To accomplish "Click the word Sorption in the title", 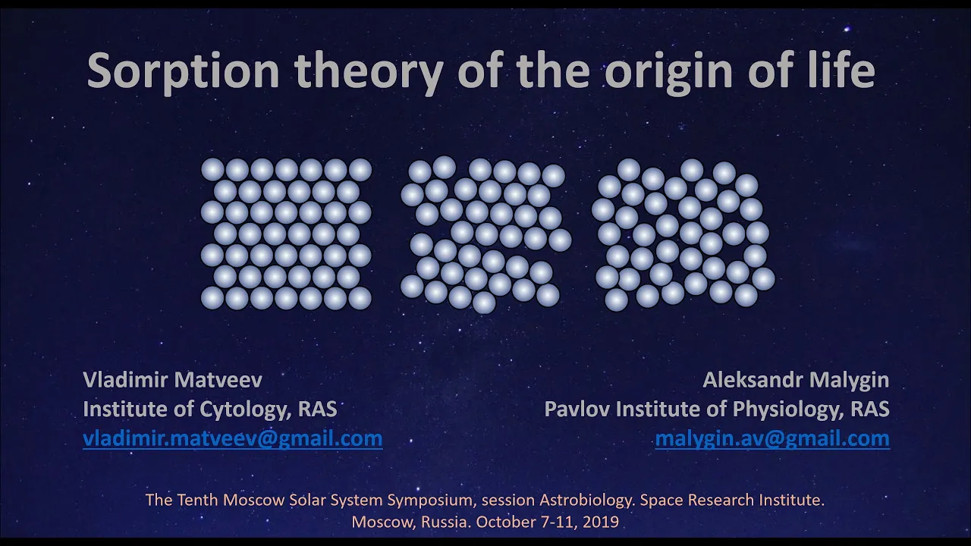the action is [184, 71].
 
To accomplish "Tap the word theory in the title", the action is [369, 71].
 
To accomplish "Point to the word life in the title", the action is [839, 69].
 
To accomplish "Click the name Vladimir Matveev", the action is [172, 380].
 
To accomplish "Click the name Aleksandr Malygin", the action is [796, 381].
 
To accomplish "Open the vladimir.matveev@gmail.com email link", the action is [233, 439].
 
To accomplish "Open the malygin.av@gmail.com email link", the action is [772, 439].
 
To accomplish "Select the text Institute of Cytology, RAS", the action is [210, 409].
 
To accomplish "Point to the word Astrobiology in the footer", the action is [587, 500].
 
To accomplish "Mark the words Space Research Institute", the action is [732, 500].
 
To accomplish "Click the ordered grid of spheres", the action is [286, 234].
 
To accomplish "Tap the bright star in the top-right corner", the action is [847, 29].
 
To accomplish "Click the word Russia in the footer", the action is [446, 522].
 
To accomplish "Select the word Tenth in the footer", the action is [198, 500].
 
